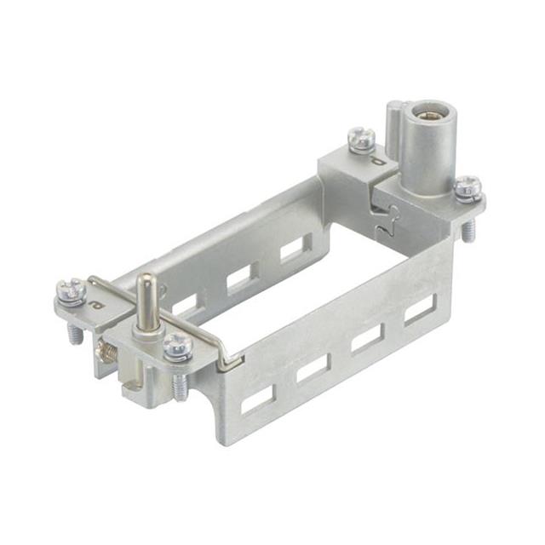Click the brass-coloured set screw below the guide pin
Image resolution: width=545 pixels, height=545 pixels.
pos(109,349)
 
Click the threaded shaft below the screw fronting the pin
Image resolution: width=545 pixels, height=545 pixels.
pos(179,386)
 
